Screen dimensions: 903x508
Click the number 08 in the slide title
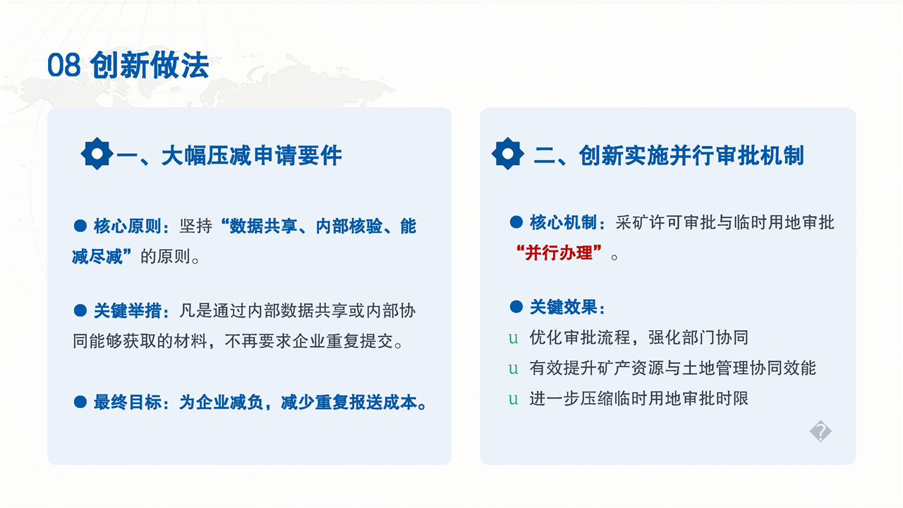click(x=63, y=65)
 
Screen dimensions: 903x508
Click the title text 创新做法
click(x=149, y=65)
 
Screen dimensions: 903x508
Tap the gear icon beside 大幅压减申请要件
click(x=97, y=154)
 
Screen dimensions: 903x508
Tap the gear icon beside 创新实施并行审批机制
click(x=507, y=154)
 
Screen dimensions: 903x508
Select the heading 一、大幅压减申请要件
click(x=229, y=155)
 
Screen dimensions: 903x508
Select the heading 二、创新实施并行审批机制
click(x=669, y=155)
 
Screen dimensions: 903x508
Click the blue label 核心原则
click(x=128, y=226)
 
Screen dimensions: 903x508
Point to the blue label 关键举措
click(x=128, y=311)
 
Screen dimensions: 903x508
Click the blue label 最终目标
click(x=128, y=402)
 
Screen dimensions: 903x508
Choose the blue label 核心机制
click(x=563, y=222)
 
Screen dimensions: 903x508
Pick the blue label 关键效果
click(x=563, y=307)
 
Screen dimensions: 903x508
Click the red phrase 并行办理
click(x=559, y=253)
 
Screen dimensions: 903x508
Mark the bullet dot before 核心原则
click(x=80, y=226)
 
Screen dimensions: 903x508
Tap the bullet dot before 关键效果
click(x=516, y=307)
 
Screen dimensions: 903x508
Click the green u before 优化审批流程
click(x=513, y=338)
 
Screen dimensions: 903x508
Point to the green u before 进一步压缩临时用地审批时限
click(x=513, y=399)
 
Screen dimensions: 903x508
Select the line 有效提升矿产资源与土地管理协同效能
click(x=673, y=368)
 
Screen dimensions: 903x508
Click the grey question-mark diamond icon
click(x=820, y=431)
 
